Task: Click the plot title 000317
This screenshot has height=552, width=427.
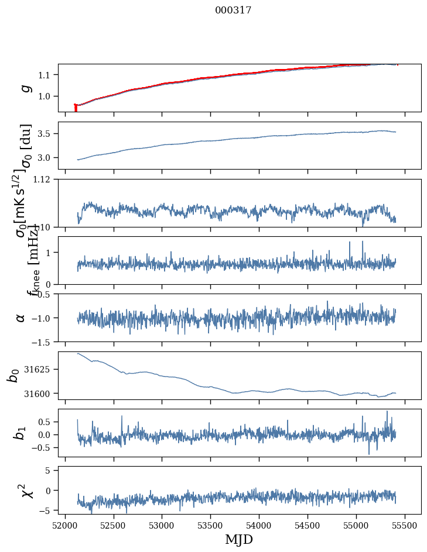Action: pyautogui.click(x=233, y=10)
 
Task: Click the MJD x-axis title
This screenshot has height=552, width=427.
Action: pyautogui.click(x=239, y=539)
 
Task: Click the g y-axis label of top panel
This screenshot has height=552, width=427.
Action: pyautogui.click(x=24, y=88)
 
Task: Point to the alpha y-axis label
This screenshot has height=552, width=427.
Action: pyautogui.click(x=21, y=318)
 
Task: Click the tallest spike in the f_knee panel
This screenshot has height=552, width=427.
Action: pyautogui.click(x=363, y=241)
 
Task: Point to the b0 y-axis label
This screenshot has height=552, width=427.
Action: pyautogui.click(x=12, y=375)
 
